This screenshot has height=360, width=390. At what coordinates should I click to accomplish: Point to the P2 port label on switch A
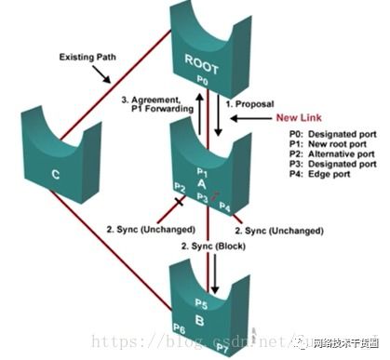point(182,187)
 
